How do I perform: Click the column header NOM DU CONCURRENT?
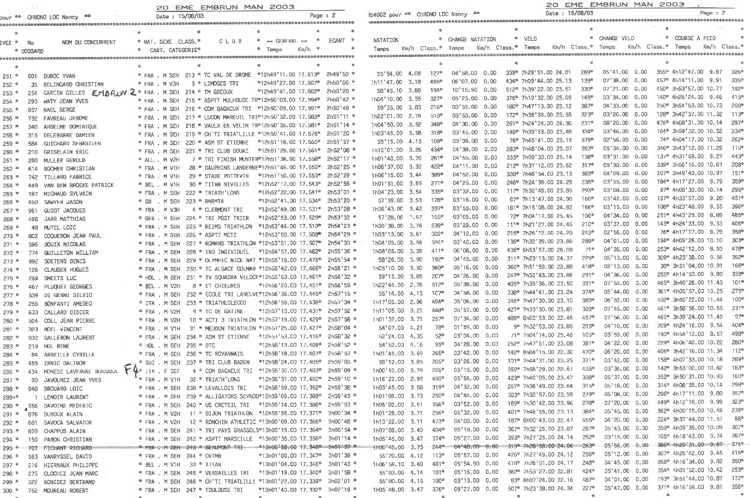coord(89,43)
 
